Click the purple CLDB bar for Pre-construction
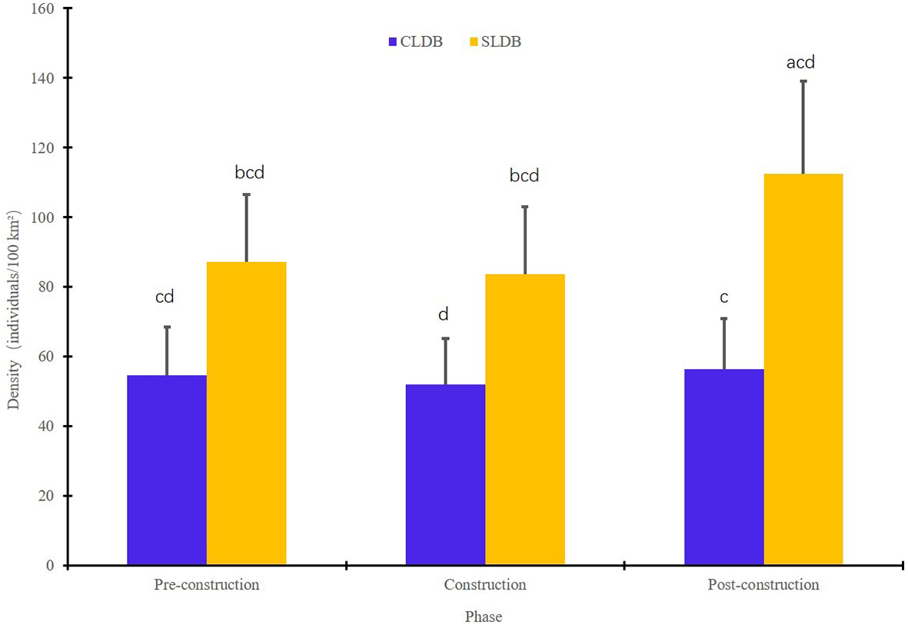click(166, 470)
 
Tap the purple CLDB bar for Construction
click(444, 474)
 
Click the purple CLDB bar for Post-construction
click(723, 467)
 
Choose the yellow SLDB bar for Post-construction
click(803, 370)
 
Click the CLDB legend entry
click(416, 42)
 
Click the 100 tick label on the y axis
click(45, 218)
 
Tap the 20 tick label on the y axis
click(48, 496)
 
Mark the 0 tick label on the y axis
click(52, 566)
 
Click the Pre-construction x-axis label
click(207, 585)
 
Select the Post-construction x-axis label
click(763, 585)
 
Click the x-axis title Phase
click(484, 616)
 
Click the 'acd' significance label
click(800, 62)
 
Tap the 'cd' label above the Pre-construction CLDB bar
click(165, 296)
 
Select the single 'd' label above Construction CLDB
click(444, 314)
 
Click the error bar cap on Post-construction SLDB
click(803, 81)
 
